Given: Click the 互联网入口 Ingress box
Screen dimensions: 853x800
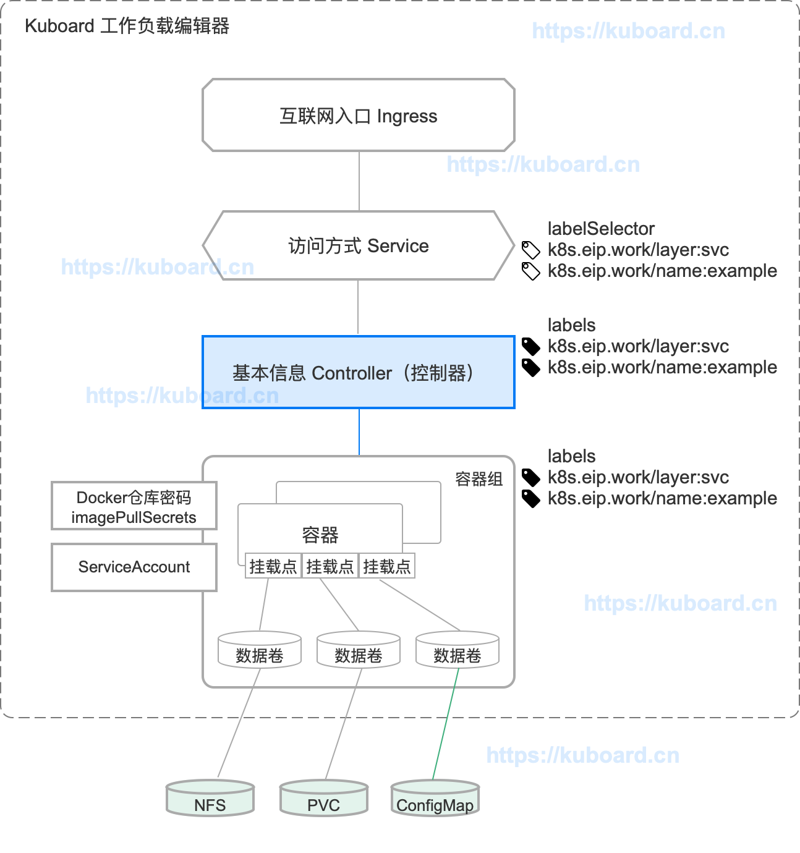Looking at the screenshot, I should click(x=359, y=116).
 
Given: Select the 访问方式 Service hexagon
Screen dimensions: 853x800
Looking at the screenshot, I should click(x=359, y=245).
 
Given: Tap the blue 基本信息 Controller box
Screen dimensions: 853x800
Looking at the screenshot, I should click(x=359, y=372).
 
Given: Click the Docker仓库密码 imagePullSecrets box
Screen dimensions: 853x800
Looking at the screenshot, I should click(x=134, y=506).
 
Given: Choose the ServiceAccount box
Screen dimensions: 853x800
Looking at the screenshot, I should click(x=134, y=567).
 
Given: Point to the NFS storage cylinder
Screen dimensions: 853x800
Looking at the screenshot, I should click(x=210, y=799).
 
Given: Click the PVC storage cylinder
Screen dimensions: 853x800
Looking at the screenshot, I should click(x=324, y=799).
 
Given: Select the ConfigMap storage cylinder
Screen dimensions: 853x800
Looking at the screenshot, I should click(x=435, y=799).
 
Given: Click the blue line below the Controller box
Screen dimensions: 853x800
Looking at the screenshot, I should click(x=359, y=432).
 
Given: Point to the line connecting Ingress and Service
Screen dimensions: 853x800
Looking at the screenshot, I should click(x=359, y=181).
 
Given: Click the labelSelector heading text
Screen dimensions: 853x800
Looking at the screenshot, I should click(x=601, y=229).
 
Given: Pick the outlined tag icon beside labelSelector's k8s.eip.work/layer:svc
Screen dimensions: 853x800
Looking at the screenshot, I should click(x=530, y=250).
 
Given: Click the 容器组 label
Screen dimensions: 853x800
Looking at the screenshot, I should click(x=479, y=479).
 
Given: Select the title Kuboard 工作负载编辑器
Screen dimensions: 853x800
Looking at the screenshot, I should click(x=127, y=26).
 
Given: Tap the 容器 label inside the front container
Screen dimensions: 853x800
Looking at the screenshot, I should click(x=320, y=535).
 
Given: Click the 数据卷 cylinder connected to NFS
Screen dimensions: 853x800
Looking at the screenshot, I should click(x=260, y=650).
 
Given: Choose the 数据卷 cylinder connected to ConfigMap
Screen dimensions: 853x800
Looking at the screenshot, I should click(x=457, y=650).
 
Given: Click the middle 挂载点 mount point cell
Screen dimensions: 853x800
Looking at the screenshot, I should click(x=330, y=566).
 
